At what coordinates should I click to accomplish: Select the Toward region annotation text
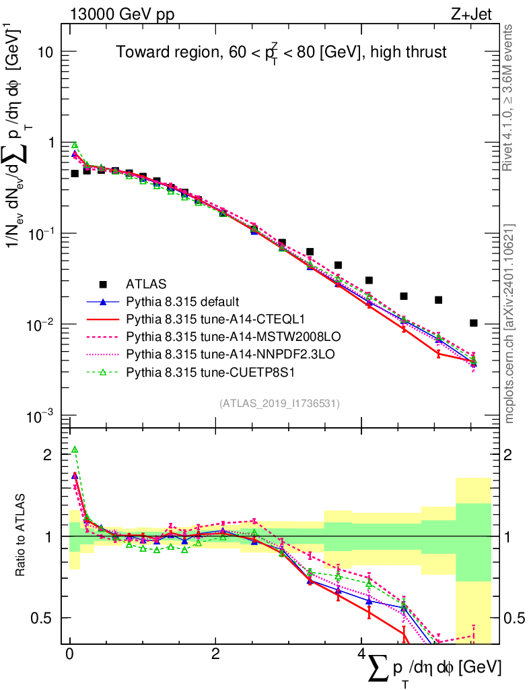[281, 52]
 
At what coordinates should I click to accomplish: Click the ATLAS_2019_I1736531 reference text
[279, 404]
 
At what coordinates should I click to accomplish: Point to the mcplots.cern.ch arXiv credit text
[509, 323]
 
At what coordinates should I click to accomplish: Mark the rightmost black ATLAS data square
[474, 323]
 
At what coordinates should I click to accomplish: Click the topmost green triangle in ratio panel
[75, 449]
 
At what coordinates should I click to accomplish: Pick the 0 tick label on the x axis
[69, 654]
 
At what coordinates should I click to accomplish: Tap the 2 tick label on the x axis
[215, 654]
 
